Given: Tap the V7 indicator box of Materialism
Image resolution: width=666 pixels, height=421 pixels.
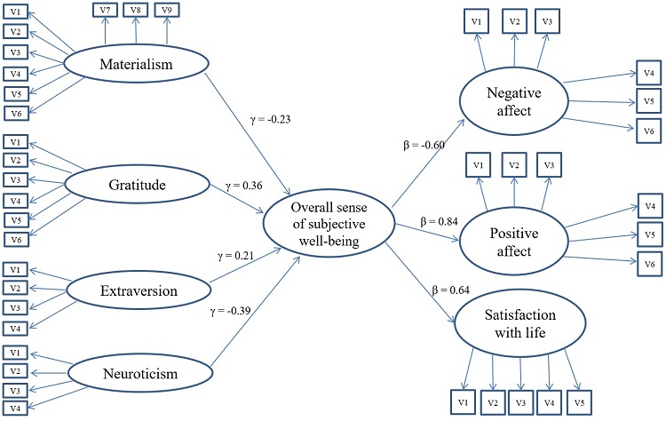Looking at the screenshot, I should click(x=106, y=11).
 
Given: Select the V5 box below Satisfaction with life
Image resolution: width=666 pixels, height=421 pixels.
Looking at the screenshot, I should click(x=580, y=402).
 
